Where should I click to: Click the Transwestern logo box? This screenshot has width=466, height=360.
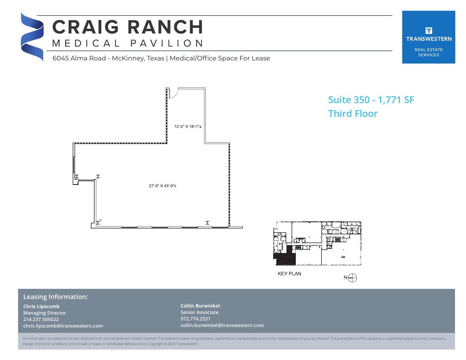[x=428, y=37]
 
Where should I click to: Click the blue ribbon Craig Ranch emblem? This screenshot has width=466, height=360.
[x=32, y=37]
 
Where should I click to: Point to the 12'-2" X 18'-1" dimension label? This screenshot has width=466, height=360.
[x=188, y=126]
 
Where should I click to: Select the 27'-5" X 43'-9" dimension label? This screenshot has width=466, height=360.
[x=163, y=186]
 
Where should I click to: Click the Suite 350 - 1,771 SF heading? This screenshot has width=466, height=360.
[x=371, y=100]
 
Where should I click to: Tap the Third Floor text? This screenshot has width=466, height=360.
[x=353, y=114]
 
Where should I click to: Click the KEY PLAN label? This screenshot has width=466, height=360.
[x=289, y=274]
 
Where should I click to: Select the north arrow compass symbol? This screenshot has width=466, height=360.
[x=352, y=278]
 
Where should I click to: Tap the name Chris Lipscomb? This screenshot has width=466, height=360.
[x=41, y=306]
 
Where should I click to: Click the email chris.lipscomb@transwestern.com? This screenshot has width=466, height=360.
[x=63, y=326]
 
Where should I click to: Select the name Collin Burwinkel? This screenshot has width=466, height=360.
[x=200, y=306]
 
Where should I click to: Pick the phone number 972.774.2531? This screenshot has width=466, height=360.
[x=195, y=319]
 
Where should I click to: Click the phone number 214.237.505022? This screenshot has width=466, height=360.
[x=41, y=319]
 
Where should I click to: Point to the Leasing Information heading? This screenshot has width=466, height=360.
[x=55, y=297]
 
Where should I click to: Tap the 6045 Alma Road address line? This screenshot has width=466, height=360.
[x=161, y=58]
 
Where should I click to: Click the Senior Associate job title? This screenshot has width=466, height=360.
[x=199, y=312]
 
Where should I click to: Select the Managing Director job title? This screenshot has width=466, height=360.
[x=45, y=313]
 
